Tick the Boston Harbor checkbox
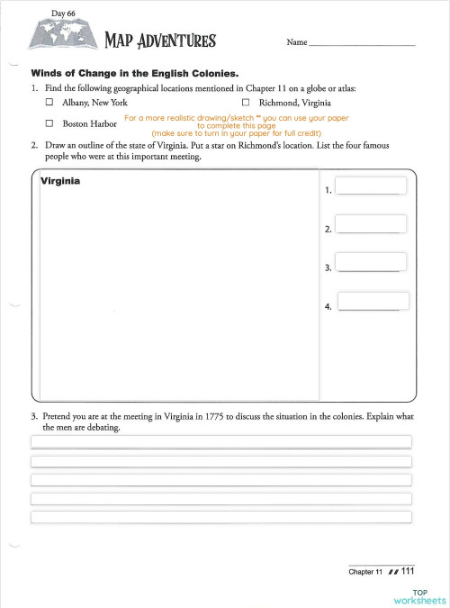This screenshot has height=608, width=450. pos(50,123)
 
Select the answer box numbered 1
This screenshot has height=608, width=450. pos(371,186)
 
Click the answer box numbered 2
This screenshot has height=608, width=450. pos(371,224)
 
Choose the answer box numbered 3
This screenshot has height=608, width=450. pos(371,262)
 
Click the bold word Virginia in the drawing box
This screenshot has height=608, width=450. pos(60,181)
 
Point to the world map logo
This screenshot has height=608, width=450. pos(61,34)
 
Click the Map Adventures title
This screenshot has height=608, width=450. pos(160,41)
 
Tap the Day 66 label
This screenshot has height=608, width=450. pos(64,14)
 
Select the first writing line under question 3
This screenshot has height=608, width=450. pos(221,441)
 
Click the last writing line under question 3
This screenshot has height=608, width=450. pos(221,517)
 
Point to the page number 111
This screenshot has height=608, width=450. pos(408,571)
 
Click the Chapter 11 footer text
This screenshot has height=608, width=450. pos(365,572)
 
